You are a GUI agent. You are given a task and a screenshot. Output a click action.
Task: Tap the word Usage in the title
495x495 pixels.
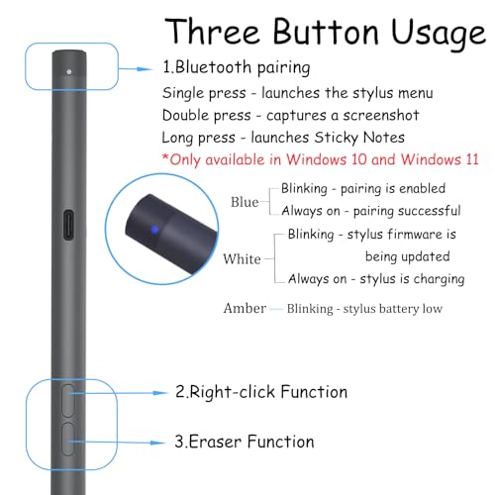[x=439, y=34]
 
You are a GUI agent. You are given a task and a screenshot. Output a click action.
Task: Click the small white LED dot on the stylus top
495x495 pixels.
[x=68, y=71]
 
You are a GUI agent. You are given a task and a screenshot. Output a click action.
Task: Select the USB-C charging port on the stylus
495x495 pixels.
[x=68, y=225]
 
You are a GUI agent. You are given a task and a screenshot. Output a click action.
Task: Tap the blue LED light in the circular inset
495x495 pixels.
[x=154, y=230]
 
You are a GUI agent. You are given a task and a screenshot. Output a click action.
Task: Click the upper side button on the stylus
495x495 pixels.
[x=68, y=401]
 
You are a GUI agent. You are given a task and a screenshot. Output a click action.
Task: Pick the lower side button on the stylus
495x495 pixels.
[x=68, y=440]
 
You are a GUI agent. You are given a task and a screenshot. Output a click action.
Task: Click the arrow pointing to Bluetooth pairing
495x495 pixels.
[x=136, y=69]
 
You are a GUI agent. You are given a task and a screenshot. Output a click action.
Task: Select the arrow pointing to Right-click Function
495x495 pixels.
[x=120, y=393]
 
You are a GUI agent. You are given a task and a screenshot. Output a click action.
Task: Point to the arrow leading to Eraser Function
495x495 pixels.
[x=117, y=443]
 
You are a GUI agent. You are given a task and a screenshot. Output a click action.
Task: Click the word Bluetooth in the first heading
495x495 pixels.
[x=213, y=67]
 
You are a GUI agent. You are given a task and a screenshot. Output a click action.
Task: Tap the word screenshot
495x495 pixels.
[x=381, y=116]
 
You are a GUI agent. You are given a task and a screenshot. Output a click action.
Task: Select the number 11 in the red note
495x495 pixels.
[x=472, y=159]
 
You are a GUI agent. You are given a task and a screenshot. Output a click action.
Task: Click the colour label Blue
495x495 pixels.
[x=245, y=202]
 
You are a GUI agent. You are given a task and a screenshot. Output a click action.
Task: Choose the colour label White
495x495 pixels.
[x=242, y=259]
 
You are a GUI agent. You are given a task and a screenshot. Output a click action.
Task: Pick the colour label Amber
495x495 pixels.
[x=245, y=308]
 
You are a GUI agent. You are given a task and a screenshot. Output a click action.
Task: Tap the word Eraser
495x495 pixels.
[x=215, y=442]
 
